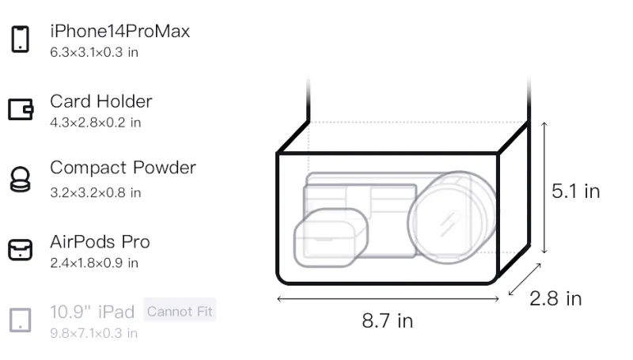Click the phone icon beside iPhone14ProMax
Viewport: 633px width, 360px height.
21,39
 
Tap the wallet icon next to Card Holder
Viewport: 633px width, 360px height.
21,109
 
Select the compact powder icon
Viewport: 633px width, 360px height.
21,179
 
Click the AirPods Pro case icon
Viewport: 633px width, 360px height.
21,250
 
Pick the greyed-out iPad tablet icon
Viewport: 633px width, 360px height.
21,320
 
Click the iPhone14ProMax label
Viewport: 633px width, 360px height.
120,31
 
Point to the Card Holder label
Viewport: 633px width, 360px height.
101,101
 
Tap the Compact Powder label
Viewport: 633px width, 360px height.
123,168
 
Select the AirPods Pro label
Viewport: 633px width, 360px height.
100,242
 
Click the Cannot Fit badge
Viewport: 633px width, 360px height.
180,312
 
